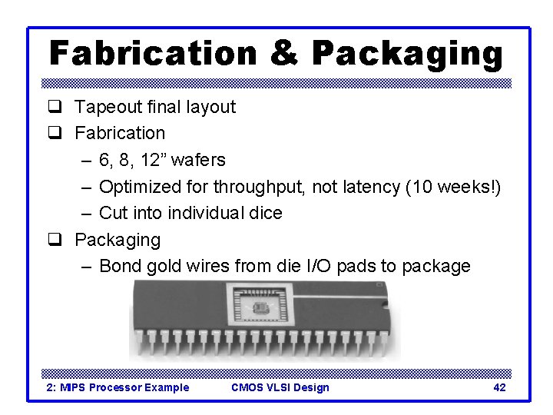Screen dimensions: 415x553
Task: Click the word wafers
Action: click(198, 160)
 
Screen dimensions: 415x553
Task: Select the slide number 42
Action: click(499, 387)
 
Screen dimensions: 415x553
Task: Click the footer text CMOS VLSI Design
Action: click(280, 387)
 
